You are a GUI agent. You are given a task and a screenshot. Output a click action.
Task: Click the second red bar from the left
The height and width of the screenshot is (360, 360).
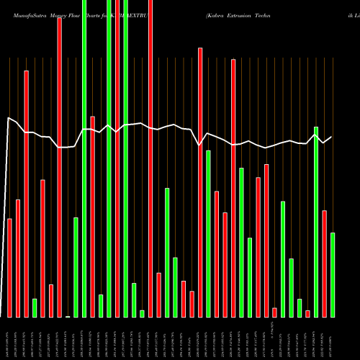tap(18, 258)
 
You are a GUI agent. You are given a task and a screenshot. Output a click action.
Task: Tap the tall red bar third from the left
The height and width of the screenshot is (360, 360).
tap(26, 194)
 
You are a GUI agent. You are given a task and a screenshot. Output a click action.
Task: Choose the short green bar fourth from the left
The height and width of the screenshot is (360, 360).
tap(35, 308)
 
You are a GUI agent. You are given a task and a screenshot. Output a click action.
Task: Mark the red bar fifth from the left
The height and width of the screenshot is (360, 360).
tap(42, 248)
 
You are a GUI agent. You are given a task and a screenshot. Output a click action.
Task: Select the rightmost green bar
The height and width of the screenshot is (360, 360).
tap(333, 275)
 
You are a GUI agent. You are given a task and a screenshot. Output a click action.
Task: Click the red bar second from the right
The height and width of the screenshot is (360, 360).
tap(325, 264)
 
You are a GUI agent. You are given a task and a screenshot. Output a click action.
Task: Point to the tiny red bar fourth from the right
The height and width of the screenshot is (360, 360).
tap(307, 314)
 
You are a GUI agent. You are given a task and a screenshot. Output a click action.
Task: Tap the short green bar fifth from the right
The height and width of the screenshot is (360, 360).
tap(300, 308)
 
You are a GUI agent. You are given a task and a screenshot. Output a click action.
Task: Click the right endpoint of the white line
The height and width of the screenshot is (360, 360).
tap(332, 137)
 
